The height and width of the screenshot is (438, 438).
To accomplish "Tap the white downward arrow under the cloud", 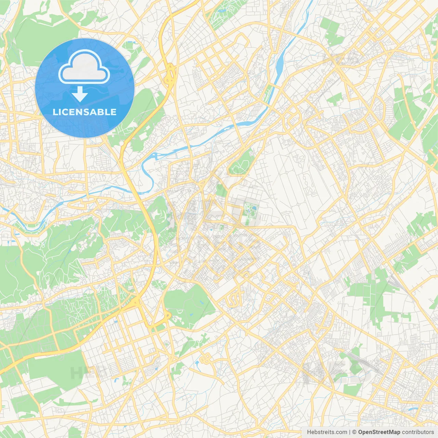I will (80, 94).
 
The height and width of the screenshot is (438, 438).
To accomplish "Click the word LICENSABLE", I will (85, 112).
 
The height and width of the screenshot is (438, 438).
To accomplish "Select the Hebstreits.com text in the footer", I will (327, 432).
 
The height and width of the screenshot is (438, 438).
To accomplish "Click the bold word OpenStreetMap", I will (379, 432).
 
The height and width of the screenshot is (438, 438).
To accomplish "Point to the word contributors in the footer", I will (418, 432).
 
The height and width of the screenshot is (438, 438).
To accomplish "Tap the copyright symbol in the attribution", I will (355, 432).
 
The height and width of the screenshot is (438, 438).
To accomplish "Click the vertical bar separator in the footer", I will (349, 432).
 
